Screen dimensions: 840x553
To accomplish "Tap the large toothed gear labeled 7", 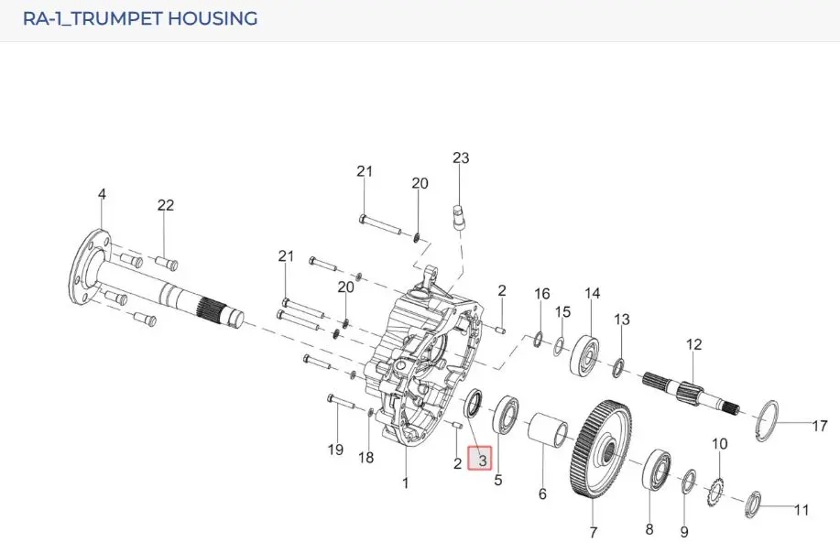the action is (601, 450).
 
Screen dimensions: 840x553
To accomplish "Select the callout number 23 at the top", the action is (461, 157).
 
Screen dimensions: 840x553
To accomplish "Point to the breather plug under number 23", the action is (460, 217).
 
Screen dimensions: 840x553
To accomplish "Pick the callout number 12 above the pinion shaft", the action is (693, 344).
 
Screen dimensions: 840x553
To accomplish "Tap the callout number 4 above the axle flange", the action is (102, 194).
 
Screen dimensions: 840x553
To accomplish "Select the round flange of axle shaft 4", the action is (90, 266).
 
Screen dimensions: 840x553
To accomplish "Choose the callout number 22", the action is (166, 205).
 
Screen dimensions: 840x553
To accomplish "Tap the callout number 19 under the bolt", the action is (335, 450).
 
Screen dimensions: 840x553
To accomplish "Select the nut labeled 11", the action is (753, 504).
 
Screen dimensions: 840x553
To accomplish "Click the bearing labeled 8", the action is (657, 470).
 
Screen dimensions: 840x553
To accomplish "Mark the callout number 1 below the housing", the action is (406, 483).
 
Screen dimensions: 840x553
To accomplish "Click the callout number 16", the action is (542, 293).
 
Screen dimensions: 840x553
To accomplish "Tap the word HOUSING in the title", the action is (213, 18).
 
